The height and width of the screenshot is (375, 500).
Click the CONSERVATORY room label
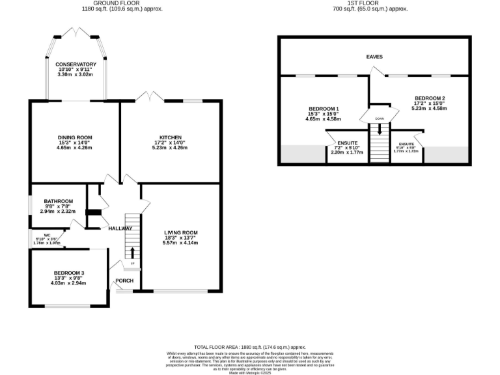tap(76, 64)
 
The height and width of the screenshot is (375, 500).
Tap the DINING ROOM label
tap(75, 137)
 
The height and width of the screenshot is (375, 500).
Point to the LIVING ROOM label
tap(181, 232)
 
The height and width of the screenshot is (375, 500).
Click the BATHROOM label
tap(58, 201)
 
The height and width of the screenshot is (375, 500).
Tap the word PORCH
tap(124, 281)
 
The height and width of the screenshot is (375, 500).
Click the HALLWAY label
tap(120, 229)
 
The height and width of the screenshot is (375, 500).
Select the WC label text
tap(48, 234)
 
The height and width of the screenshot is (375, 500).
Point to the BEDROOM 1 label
tap(323, 108)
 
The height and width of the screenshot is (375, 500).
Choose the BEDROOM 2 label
tap(430, 98)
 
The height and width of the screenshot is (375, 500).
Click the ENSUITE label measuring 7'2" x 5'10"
tap(347, 143)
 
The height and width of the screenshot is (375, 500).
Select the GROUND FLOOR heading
tap(122, 3)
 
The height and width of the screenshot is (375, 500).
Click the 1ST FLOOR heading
tap(370, 3)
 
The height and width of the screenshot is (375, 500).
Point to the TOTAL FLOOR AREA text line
tap(250, 348)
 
